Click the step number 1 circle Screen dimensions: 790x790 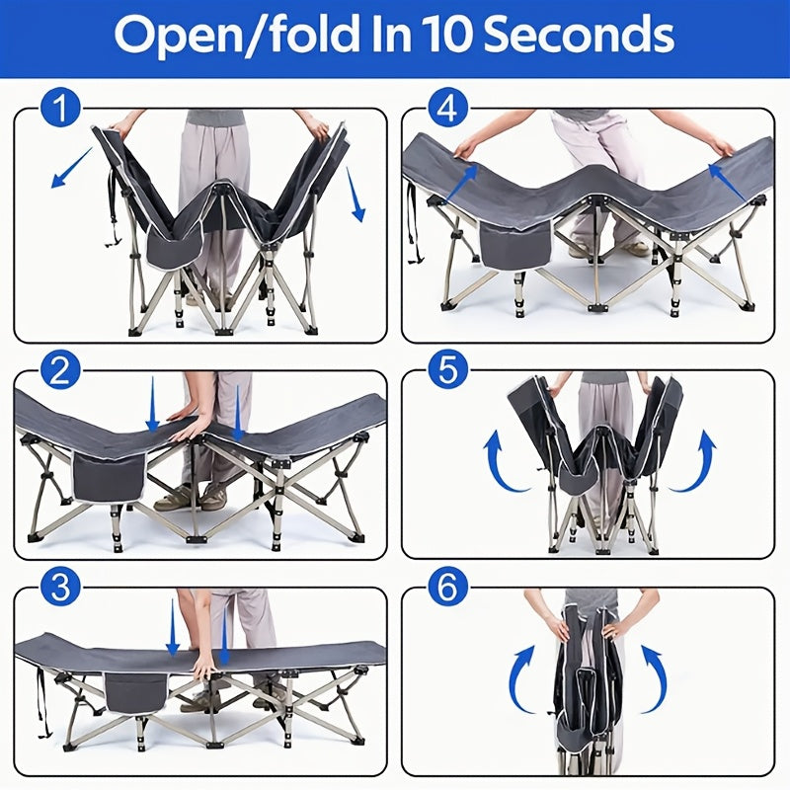tap(60, 108)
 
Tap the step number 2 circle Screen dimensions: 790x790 tap(60, 372)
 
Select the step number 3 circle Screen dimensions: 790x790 tap(60, 588)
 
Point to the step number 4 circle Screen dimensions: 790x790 tap(448, 108)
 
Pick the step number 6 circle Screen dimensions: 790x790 tap(448, 588)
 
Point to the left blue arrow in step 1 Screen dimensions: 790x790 tap(72, 167)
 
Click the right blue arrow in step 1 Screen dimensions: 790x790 tap(355, 195)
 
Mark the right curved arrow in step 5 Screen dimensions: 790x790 tap(694, 460)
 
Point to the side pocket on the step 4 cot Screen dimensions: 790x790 tap(515, 245)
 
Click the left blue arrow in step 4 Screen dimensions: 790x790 tap(462, 184)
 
